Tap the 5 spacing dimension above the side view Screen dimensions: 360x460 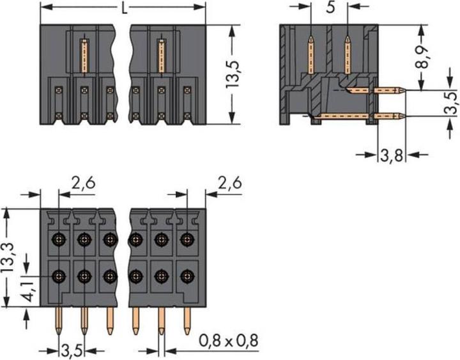click(x=329, y=10)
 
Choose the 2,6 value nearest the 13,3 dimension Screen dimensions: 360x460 click(x=82, y=185)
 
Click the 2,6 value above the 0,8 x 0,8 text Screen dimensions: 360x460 click(x=228, y=185)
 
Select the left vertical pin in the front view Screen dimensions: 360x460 click(x=84, y=58)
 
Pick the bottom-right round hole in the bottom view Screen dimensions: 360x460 click(x=186, y=277)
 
